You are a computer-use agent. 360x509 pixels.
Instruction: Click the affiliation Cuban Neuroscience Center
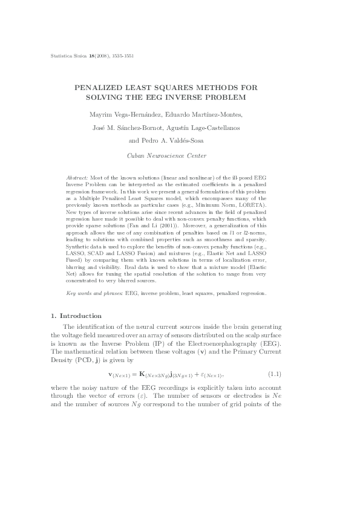(180, 156)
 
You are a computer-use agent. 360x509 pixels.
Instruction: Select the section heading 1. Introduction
(76, 316)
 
